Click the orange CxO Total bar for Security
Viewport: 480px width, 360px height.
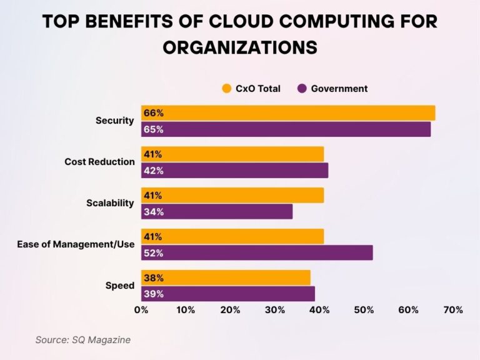tap(287, 113)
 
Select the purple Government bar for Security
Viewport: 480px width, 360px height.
tap(286, 129)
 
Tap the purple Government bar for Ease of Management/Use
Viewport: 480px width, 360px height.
tap(256, 253)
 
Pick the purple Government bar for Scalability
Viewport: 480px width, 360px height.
tap(216, 212)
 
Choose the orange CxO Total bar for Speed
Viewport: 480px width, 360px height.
tap(226, 277)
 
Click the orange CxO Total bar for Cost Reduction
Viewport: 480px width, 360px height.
tap(232, 154)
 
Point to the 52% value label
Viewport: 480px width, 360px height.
tap(153, 253)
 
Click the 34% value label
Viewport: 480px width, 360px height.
tap(153, 212)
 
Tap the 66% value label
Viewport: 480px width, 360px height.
tap(153, 113)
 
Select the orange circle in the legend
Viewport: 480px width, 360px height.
tap(227, 89)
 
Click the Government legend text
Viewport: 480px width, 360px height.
tap(339, 89)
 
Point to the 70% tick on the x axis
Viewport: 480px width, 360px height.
tap(452, 310)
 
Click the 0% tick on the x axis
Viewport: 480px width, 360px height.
tap(141, 310)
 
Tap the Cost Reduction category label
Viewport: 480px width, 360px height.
tap(99, 162)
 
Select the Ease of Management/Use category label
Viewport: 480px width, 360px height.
tap(76, 244)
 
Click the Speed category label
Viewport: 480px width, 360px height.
tap(119, 286)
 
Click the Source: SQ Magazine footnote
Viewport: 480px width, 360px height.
tap(82, 339)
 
